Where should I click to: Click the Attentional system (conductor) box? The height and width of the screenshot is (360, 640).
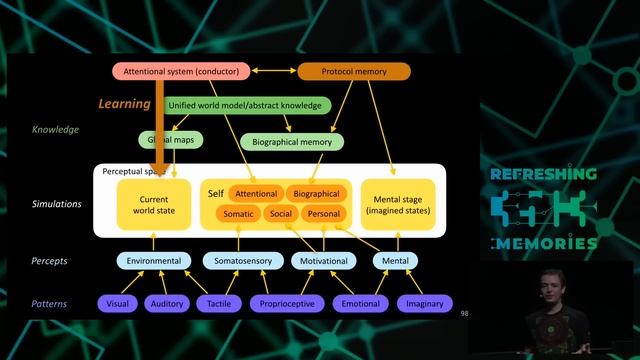tap(183, 72)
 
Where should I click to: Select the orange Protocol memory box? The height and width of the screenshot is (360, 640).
tap(354, 72)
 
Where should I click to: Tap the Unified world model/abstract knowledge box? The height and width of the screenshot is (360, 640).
tap(244, 105)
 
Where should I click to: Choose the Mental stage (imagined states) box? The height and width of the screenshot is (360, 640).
tap(398, 202)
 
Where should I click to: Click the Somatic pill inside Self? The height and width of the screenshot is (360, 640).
tap(238, 213)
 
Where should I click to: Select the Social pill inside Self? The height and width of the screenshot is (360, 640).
tap(280, 213)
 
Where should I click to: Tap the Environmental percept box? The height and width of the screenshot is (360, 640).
tap(153, 261)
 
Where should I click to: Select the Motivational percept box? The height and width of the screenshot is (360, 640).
tap(323, 261)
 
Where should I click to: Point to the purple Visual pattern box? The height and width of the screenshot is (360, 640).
tap(118, 303)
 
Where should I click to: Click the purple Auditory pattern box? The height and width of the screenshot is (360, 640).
tap(166, 303)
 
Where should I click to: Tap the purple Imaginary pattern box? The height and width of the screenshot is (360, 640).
tap(425, 303)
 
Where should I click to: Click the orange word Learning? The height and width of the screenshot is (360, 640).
tap(123, 103)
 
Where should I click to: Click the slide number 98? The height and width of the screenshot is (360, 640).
tap(464, 313)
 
